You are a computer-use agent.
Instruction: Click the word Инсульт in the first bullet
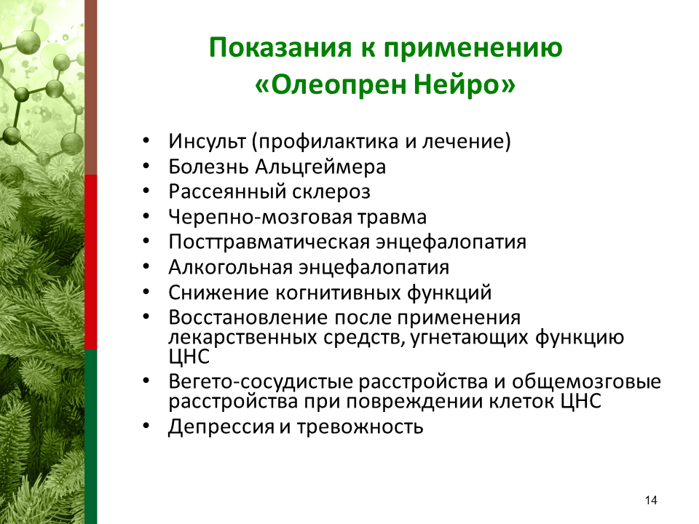pos(207,140)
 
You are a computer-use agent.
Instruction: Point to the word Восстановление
pos(248,318)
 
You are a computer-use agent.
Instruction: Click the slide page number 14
pos(651,500)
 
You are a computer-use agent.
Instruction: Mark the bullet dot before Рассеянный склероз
pos(147,191)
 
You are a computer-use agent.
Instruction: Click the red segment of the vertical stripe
pos(91,262)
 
